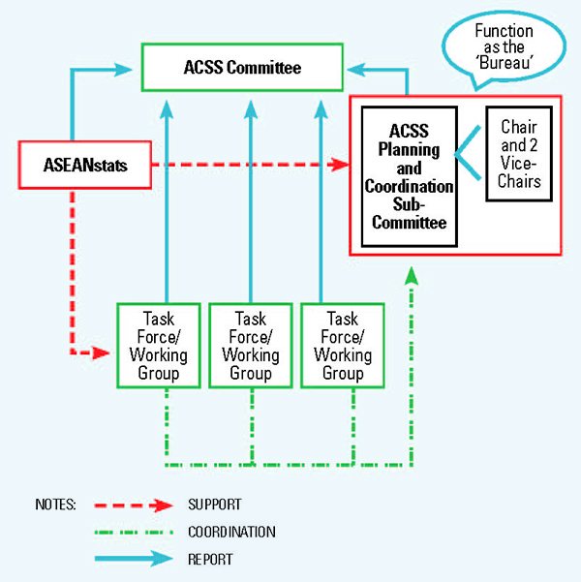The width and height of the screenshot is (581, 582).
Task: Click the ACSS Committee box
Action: click(x=242, y=68)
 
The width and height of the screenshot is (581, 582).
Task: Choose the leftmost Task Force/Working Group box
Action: click(x=159, y=346)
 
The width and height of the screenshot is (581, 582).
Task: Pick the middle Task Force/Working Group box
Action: click(x=251, y=346)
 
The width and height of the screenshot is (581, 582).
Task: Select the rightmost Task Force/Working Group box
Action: click(x=344, y=346)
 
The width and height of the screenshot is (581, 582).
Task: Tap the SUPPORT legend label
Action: click(x=216, y=505)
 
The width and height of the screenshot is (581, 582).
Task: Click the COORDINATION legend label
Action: click(x=232, y=532)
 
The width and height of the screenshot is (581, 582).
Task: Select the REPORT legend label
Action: click(x=211, y=559)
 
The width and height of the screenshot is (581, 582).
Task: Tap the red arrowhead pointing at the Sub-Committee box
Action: click(x=340, y=166)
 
